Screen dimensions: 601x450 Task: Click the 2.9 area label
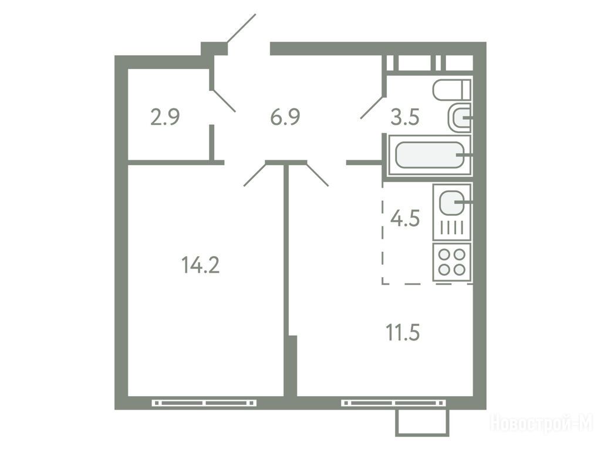165,117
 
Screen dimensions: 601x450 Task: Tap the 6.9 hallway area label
285,117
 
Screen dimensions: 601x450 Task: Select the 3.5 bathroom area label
405,117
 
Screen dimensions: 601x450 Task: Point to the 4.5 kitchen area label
405,219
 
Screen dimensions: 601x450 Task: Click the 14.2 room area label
201,265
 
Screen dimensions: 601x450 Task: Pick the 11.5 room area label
403,332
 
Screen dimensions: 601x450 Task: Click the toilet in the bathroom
451,90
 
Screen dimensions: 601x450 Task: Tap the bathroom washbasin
459,117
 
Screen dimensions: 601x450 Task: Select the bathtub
430,155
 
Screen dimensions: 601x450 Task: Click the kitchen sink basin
452,202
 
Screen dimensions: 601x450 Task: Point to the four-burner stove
452,262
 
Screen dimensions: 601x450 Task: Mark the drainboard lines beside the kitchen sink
452,229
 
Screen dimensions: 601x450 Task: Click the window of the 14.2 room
204,403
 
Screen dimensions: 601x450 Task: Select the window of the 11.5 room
393,403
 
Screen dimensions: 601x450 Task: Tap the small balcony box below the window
422,423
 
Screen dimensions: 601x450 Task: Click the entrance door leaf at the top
241,28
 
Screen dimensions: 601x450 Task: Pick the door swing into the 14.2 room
255,174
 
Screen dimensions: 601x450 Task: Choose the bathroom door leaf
372,108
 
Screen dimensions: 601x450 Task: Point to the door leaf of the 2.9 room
224,101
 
